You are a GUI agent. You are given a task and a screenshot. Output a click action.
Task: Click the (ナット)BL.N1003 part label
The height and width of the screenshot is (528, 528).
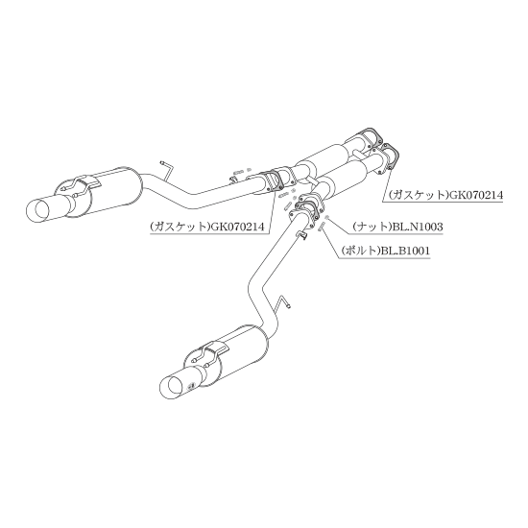click(x=397, y=227)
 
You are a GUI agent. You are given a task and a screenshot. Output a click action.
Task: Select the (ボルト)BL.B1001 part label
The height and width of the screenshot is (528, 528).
click(x=385, y=251)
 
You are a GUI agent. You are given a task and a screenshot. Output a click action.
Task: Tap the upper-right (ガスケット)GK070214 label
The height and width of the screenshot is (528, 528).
click(x=445, y=195)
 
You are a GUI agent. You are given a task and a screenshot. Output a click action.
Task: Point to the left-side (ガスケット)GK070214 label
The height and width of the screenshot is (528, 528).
click(x=206, y=227)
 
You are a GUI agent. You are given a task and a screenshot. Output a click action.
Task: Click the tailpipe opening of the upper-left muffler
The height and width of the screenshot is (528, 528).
click(x=38, y=210)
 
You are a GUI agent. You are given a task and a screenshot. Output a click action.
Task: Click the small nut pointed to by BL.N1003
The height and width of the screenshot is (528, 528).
click(x=325, y=218)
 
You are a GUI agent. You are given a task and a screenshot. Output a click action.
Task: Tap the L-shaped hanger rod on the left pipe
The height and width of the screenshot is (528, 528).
click(x=167, y=170)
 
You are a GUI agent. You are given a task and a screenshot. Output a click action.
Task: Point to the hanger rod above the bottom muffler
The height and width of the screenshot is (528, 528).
click(x=282, y=302)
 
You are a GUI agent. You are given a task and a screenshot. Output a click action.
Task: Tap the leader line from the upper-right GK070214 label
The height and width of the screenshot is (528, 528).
click(x=386, y=184)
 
